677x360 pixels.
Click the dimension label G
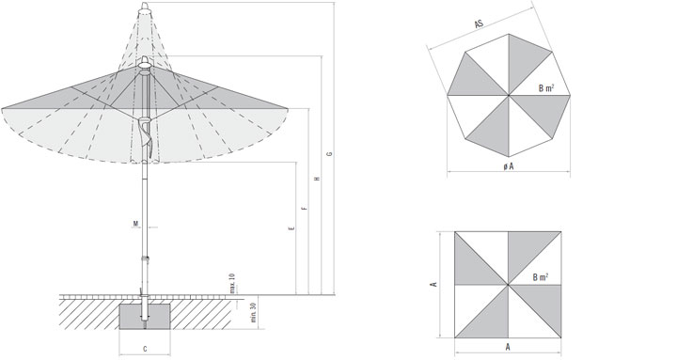(x=329, y=154)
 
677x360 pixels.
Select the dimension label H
(x=318, y=179)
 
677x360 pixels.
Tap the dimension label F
(x=305, y=208)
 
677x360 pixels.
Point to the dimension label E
(x=292, y=227)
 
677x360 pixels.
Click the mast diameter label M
(x=135, y=224)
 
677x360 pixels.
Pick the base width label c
(x=145, y=349)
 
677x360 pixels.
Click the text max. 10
(x=232, y=283)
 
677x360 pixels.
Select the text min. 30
(x=254, y=312)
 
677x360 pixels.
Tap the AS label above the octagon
(x=479, y=24)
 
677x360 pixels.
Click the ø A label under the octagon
(x=509, y=166)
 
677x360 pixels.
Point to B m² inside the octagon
(x=546, y=88)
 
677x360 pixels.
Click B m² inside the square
(x=541, y=277)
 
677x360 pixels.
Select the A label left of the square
(x=434, y=285)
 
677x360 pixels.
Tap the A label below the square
(x=508, y=347)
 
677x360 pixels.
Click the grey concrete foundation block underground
(x=145, y=317)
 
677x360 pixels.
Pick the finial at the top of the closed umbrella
(x=146, y=7)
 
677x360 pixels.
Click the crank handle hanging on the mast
(x=146, y=136)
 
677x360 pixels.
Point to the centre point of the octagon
(x=509, y=95)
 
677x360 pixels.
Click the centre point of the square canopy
(x=508, y=285)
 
